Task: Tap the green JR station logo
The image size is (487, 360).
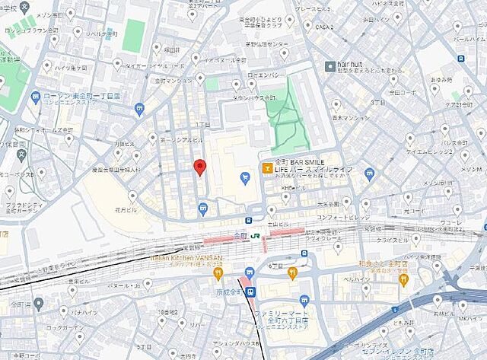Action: tap(258, 237)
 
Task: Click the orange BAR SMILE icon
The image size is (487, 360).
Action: tap(266, 167)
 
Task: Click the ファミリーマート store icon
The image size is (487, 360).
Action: tap(304, 301)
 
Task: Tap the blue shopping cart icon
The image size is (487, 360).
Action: tap(244, 178)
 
